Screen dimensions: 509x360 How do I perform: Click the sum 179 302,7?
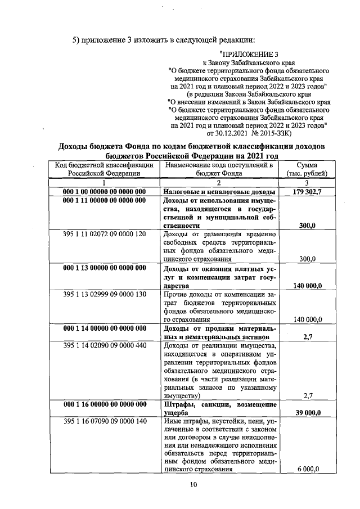point(307,192)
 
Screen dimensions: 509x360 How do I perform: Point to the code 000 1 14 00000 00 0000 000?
point(105,328)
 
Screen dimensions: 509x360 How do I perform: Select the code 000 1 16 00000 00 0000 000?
point(105,405)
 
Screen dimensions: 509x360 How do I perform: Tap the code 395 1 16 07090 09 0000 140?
point(105,421)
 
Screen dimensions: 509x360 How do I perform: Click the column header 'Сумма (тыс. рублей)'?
point(307,169)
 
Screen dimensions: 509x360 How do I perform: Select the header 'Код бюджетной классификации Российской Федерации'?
point(105,169)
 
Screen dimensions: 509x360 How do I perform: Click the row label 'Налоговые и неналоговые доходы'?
point(211,192)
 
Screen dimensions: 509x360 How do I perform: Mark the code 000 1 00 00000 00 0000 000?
point(105,192)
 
